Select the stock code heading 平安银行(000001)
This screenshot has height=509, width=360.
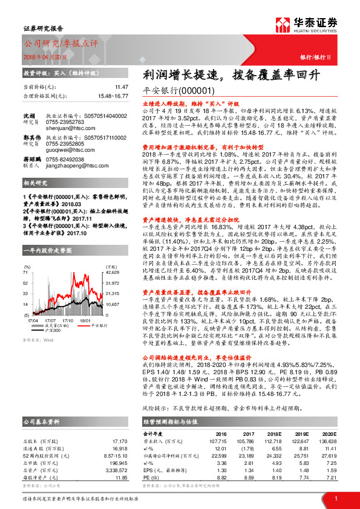(172, 91)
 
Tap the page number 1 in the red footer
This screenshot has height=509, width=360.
(335, 498)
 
